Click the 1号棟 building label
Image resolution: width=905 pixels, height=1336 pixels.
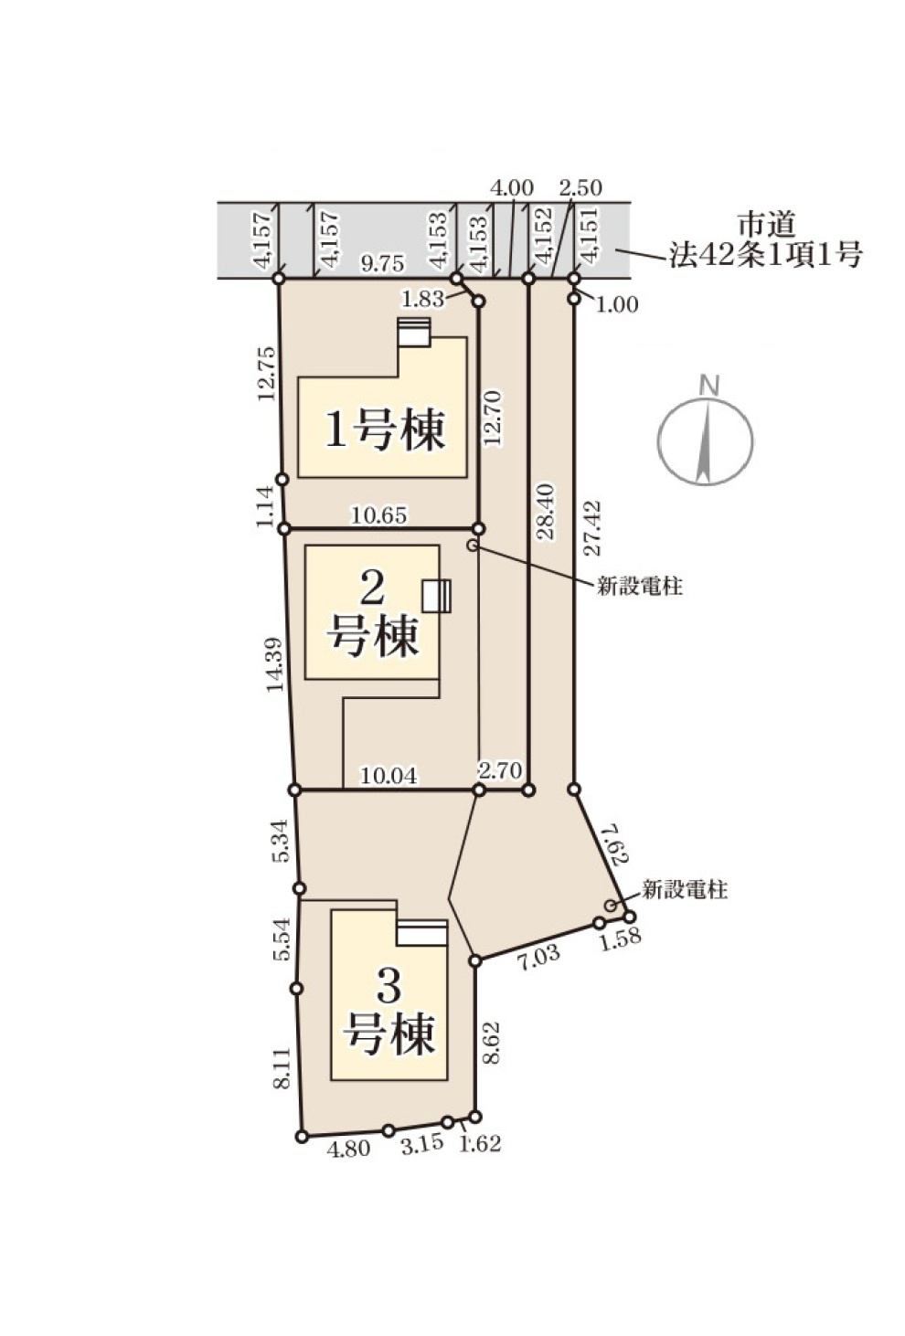pos(385,429)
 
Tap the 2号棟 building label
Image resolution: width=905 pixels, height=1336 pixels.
pos(373,613)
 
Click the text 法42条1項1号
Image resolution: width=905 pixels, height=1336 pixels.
pos(765,255)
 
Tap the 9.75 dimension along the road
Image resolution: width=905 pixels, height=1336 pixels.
pos(382,264)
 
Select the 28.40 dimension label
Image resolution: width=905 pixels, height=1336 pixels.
pos(545,513)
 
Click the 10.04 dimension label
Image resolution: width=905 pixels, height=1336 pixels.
pos(389,777)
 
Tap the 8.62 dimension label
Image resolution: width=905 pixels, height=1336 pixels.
pos(491,1043)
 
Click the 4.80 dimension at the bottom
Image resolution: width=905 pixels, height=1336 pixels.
pos(348,1149)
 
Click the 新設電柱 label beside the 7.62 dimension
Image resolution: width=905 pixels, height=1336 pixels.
pos(685,890)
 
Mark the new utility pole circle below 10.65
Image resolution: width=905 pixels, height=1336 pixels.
pos(473,546)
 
